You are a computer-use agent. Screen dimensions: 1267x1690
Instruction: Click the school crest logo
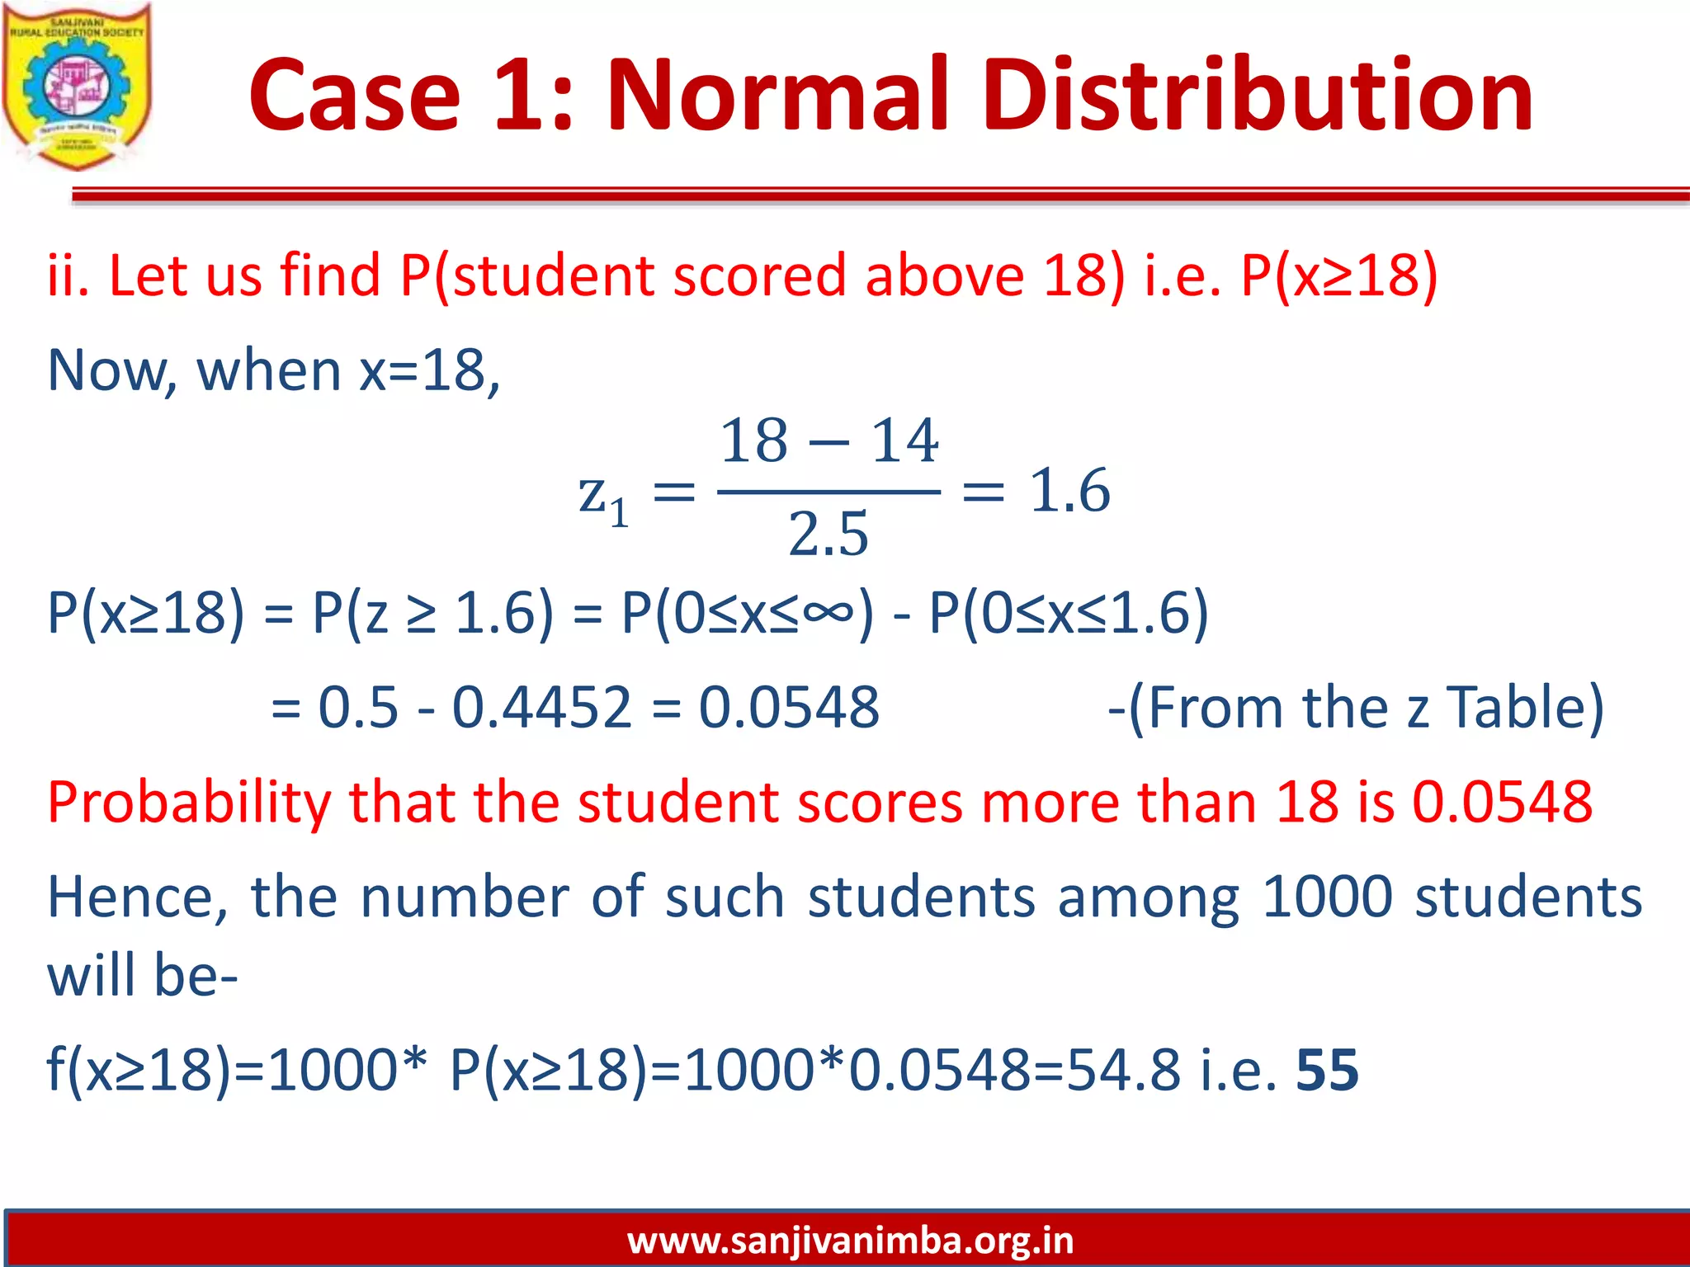77,87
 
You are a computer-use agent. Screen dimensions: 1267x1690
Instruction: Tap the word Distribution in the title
1258,94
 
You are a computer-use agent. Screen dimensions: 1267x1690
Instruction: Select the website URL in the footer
850,1240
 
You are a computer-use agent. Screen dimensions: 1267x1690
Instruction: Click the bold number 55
1327,1070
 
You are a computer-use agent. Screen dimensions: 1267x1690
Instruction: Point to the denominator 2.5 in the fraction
828,534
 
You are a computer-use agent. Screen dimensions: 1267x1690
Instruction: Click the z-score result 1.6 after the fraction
1069,490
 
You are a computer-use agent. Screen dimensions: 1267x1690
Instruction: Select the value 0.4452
541,707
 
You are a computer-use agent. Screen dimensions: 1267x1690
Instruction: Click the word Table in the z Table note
1525,707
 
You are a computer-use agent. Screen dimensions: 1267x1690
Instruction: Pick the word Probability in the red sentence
189,803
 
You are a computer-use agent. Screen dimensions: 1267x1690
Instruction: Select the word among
1149,898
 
